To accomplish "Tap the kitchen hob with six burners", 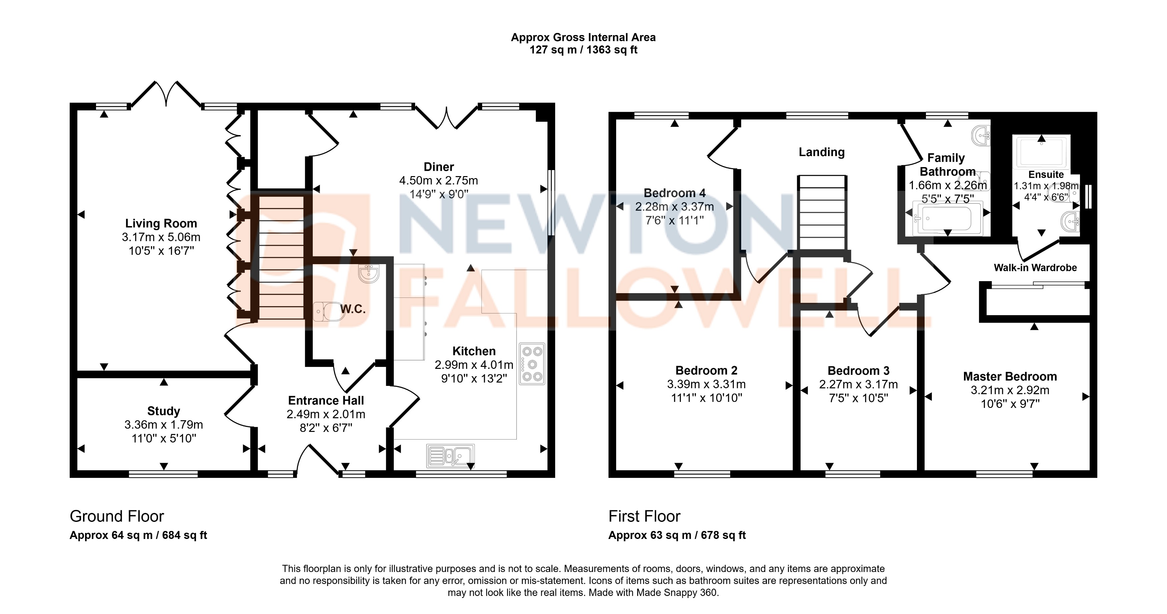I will (532, 364).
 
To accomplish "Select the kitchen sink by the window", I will (450, 455).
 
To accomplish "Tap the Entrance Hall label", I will (326, 401).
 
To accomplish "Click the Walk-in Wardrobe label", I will (1035, 268).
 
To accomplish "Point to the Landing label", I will (821, 152).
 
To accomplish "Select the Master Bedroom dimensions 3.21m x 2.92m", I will (1010, 390).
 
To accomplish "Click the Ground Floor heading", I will (117, 516).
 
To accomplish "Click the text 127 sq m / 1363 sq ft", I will (583, 50).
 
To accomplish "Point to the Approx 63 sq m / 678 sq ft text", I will (677, 535).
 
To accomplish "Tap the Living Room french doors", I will (166, 94).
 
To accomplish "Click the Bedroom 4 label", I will (674, 193).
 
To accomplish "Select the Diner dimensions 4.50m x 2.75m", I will (438, 180).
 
